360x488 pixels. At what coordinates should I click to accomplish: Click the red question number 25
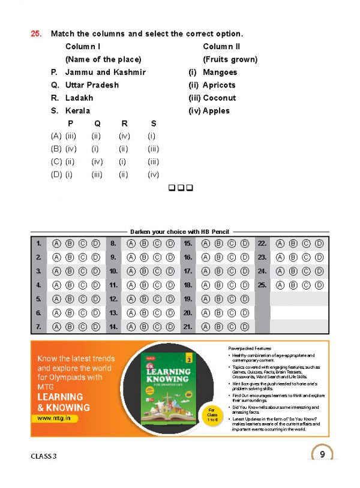click(x=37, y=34)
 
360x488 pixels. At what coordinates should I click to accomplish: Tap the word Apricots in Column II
click(x=219, y=85)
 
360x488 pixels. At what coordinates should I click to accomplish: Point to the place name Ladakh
click(x=79, y=98)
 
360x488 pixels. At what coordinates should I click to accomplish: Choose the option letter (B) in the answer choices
click(x=56, y=149)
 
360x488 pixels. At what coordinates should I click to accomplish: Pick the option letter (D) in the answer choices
click(x=56, y=174)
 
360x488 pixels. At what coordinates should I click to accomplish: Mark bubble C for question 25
click(x=306, y=285)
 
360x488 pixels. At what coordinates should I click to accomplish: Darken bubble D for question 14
click(x=170, y=327)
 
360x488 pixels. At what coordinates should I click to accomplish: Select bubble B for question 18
click(x=217, y=285)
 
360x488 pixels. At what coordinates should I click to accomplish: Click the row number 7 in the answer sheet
click(x=38, y=327)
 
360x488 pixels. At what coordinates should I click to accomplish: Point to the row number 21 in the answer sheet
click(x=188, y=327)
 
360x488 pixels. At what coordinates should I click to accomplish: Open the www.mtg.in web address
click(x=58, y=418)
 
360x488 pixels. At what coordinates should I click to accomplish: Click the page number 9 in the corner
click(x=322, y=454)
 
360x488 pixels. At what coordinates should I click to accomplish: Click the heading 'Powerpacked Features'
click(x=250, y=348)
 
